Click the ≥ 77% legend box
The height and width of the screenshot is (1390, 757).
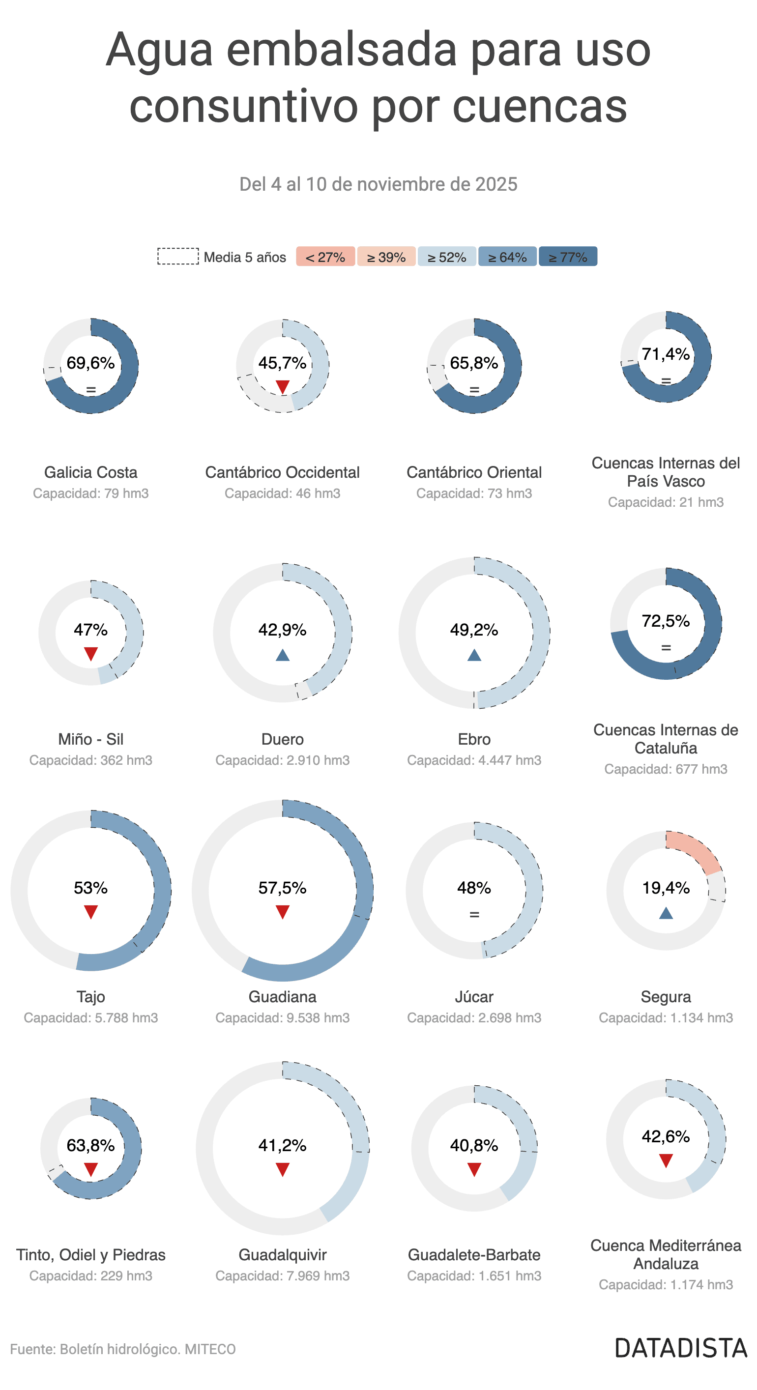[x=568, y=257]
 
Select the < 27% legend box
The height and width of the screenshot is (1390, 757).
[x=325, y=257]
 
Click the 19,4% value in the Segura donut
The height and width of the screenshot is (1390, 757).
[x=666, y=888]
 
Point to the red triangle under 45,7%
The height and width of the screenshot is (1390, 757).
[x=282, y=387]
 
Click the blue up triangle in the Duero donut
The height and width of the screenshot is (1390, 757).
[x=282, y=655]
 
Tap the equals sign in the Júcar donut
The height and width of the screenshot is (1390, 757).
[x=474, y=915]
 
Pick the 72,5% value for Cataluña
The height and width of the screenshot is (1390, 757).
[x=666, y=621]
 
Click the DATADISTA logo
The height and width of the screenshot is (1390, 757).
[x=681, y=1348]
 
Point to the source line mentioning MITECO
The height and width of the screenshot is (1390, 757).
[x=123, y=1349]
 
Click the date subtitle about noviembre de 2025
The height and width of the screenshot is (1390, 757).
[x=378, y=184]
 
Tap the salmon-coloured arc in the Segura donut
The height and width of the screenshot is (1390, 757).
[x=696, y=849]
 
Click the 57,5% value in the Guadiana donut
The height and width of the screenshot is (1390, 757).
[x=282, y=888]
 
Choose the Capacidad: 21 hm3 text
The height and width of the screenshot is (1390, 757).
[x=666, y=502]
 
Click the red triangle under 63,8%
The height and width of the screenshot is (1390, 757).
[x=90, y=1170]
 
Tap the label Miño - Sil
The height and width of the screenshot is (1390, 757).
[x=90, y=739]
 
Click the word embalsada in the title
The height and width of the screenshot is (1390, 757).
[x=342, y=50]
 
